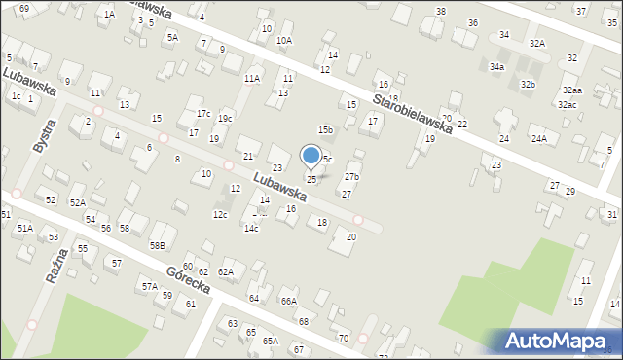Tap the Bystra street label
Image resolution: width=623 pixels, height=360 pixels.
(44, 134)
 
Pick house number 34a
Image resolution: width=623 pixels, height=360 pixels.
(496, 67)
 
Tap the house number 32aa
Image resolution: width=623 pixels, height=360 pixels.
(571, 90)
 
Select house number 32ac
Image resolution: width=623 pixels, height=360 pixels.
(567, 104)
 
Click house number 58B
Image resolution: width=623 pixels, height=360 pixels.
(157, 244)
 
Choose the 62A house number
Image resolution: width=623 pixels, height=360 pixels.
(226, 272)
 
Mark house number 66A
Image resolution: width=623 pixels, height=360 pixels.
(289, 302)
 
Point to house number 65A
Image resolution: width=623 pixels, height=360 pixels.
(270, 341)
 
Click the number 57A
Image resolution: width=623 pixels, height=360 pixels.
(149, 287)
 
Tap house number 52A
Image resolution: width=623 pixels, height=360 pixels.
(77, 202)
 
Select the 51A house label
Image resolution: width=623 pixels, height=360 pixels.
(24, 228)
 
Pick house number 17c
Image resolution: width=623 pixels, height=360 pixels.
(203, 114)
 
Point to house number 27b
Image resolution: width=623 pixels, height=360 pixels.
(351, 177)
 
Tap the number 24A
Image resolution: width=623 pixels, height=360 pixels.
(538, 139)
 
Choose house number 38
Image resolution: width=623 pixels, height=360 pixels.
(440, 11)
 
